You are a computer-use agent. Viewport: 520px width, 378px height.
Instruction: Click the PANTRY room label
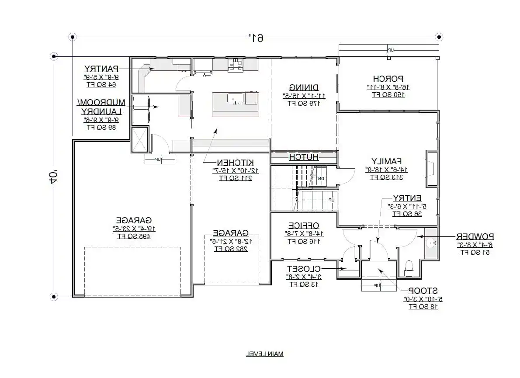101,69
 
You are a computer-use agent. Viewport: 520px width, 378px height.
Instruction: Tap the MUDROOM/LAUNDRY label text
101,107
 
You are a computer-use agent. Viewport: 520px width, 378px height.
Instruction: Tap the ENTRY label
406,198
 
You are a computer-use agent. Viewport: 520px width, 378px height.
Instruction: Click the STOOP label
423,291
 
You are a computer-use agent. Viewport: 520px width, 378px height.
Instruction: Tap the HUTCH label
304,157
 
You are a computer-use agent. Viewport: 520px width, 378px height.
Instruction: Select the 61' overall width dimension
256,38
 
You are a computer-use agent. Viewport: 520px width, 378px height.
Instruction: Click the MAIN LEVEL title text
264,354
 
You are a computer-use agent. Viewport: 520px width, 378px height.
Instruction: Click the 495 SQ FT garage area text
134,236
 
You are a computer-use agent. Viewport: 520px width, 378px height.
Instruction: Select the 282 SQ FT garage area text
231,249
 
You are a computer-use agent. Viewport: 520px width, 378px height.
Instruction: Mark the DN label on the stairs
321,178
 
